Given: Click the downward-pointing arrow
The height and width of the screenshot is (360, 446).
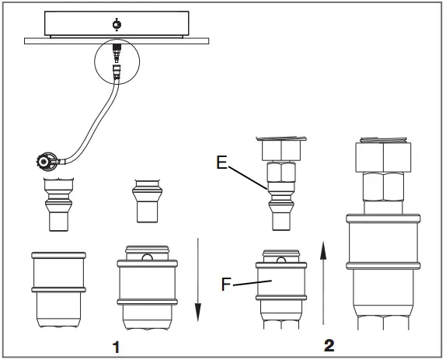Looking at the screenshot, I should pos(197,280).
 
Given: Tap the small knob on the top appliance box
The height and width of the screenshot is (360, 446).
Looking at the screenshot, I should pos(116,24).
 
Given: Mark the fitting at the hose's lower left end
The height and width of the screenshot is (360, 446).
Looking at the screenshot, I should pos(46,163).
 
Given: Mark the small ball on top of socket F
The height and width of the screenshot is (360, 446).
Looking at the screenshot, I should pos(283,254).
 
